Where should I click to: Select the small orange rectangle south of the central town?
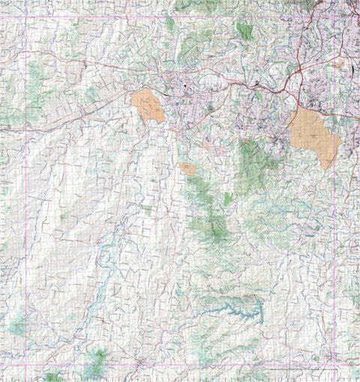pos(187,169)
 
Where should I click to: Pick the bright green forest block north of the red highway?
pos(244,30)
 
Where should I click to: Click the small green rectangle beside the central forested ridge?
pos(228,198)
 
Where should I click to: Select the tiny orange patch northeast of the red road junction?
pos(339,65)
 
